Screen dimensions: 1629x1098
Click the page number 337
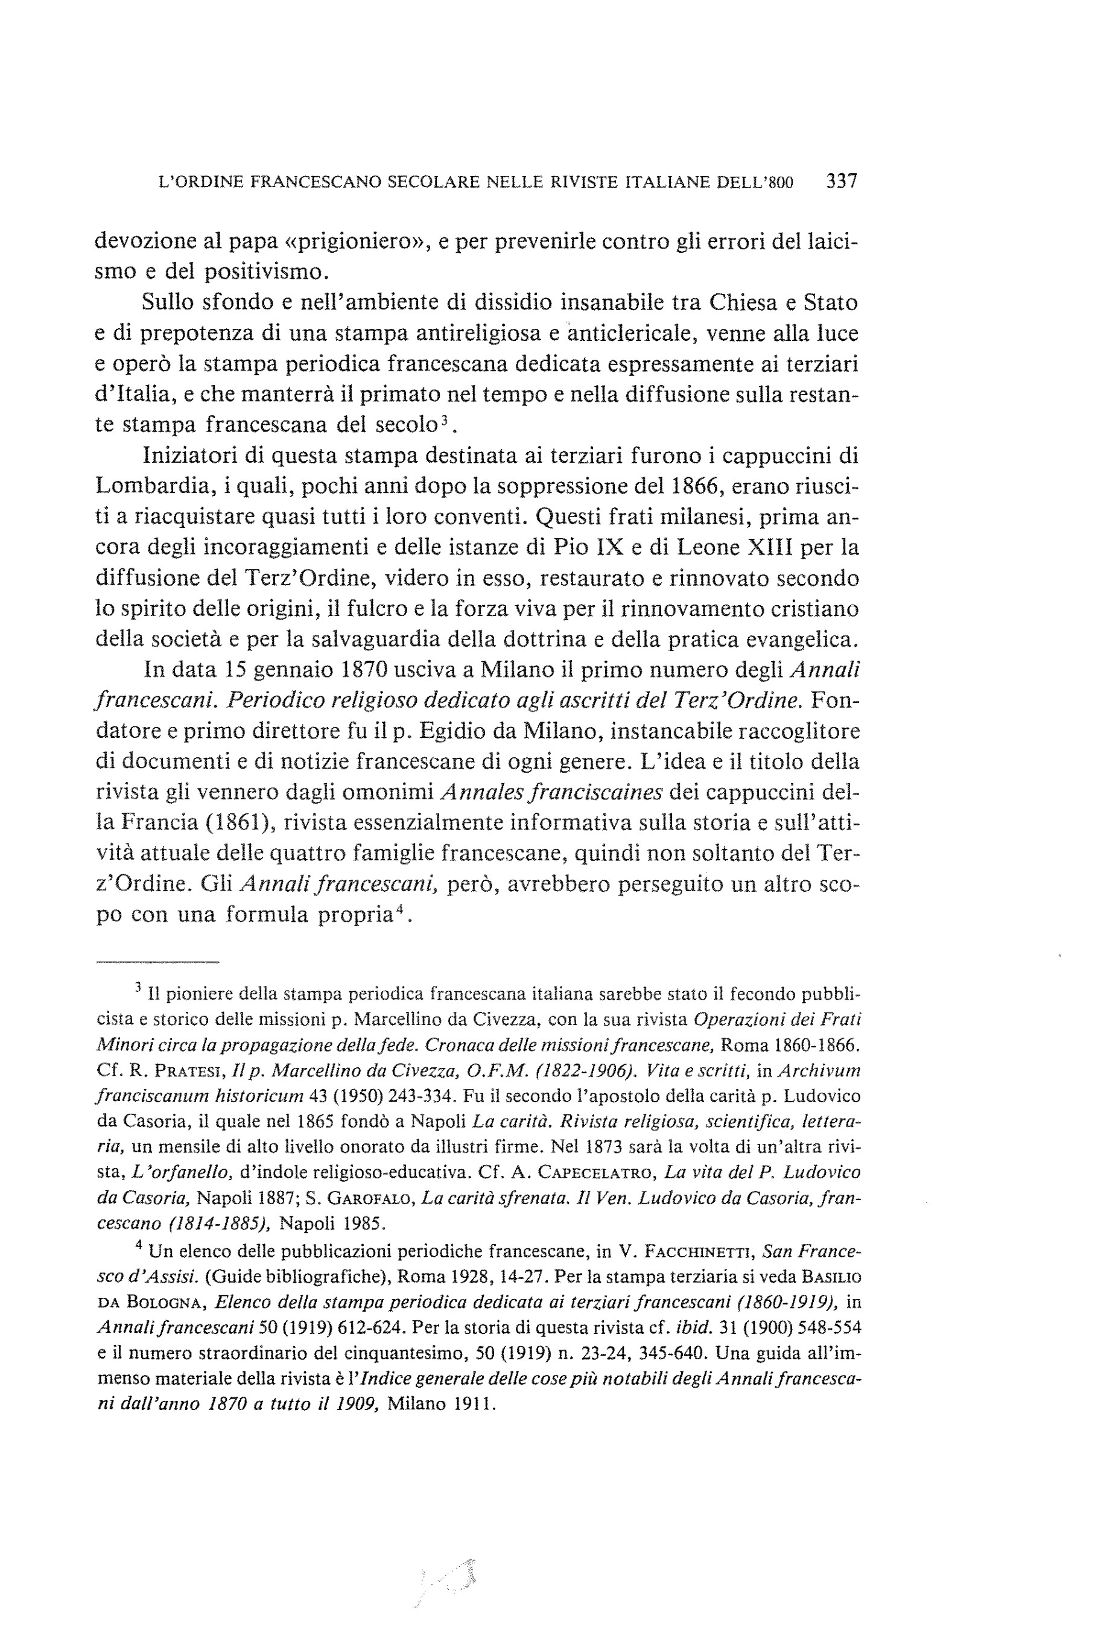tap(841, 182)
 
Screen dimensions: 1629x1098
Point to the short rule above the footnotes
tap(157, 962)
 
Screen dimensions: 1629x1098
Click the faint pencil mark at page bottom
tap(448, 1581)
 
